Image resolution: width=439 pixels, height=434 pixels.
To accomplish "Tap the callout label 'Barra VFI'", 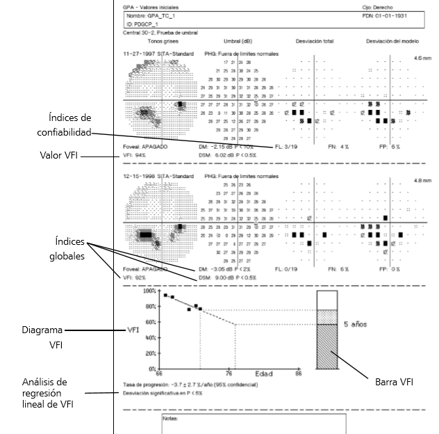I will (394, 381).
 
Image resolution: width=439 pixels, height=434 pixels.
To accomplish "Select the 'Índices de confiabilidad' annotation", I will (65, 124).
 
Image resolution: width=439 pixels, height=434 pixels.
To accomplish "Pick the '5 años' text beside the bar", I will (355, 324).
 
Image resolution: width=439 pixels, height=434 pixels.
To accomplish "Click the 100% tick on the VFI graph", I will (151, 291).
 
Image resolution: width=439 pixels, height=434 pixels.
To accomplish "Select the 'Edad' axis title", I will (263, 374).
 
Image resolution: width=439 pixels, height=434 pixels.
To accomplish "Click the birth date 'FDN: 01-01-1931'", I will (385, 15).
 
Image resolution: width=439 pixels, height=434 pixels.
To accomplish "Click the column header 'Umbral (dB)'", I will (238, 41).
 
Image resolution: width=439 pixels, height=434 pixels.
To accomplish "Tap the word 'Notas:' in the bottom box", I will (170, 419).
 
